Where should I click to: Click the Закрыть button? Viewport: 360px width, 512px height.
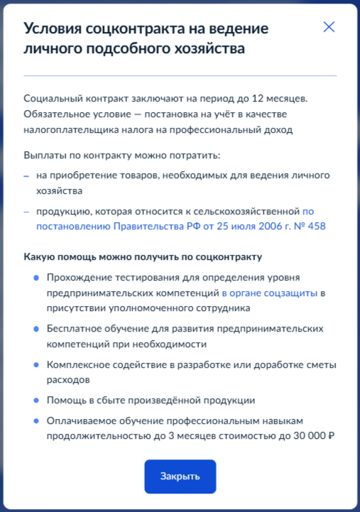(180, 476)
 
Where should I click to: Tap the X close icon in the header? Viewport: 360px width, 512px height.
(329, 27)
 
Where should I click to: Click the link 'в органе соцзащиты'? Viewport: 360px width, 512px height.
(270, 293)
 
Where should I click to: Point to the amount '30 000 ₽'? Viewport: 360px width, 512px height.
(307, 436)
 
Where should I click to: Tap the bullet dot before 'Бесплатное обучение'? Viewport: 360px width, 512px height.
(36, 329)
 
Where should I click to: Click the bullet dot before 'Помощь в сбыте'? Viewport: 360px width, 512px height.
(36, 400)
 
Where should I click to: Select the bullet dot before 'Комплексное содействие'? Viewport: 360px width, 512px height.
(36, 364)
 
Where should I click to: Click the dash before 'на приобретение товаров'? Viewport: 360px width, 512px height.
(27, 175)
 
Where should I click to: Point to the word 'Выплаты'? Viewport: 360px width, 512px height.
(43, 155)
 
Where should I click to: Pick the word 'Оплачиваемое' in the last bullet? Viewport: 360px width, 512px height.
(79, 420)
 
